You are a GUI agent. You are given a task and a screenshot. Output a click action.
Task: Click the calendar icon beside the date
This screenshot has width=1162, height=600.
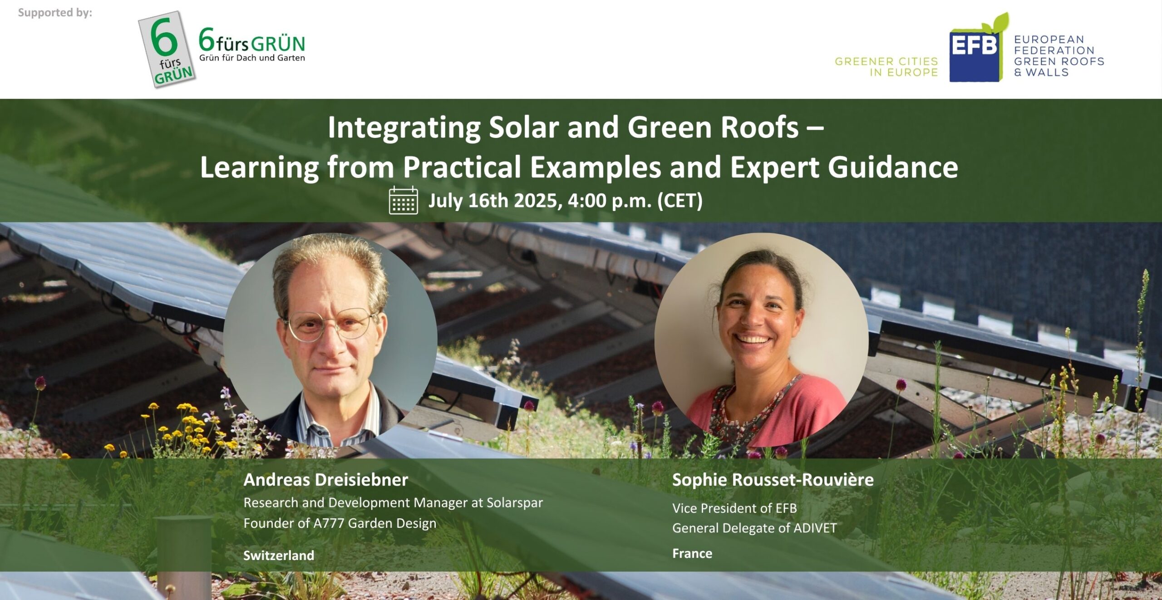403,200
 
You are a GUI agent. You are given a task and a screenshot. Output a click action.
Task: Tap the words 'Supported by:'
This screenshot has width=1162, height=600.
55,13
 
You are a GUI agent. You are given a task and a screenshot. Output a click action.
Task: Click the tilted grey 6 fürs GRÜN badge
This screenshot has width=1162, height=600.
167,49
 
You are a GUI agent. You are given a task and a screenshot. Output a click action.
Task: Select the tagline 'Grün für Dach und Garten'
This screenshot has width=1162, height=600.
252,58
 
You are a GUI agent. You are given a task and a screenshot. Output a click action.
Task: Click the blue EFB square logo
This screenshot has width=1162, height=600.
975,54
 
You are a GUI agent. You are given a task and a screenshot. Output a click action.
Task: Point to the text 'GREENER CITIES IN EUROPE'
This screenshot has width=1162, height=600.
886,67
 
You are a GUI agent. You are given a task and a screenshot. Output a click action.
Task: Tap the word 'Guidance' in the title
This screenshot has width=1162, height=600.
893,167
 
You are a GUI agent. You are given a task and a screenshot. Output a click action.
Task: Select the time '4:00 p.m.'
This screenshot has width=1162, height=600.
610,201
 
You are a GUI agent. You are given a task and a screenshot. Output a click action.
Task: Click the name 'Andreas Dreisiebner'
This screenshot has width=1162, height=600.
325,480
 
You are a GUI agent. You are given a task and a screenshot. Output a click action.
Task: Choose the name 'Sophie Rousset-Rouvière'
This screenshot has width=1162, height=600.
773,480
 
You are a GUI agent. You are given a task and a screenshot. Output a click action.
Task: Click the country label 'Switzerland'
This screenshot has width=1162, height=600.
279,555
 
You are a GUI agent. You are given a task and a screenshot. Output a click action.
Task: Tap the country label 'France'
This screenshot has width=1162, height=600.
692,553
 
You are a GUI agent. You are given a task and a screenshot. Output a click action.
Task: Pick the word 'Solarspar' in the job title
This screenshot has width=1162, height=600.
515,503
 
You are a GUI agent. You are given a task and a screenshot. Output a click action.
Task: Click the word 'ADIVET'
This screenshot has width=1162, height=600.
814,528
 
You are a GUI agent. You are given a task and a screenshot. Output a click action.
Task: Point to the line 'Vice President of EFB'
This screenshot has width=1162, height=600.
734,508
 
